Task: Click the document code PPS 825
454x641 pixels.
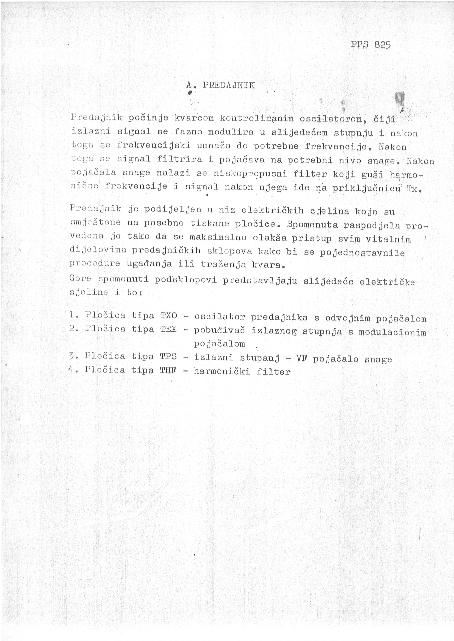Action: [370, 45]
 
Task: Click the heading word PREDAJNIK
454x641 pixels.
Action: [228, 85]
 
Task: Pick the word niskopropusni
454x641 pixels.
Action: [250, 174]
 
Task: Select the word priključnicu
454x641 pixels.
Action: [366, 188]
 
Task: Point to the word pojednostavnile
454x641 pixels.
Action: [362, 253]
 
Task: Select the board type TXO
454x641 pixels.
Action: [169, 315]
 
